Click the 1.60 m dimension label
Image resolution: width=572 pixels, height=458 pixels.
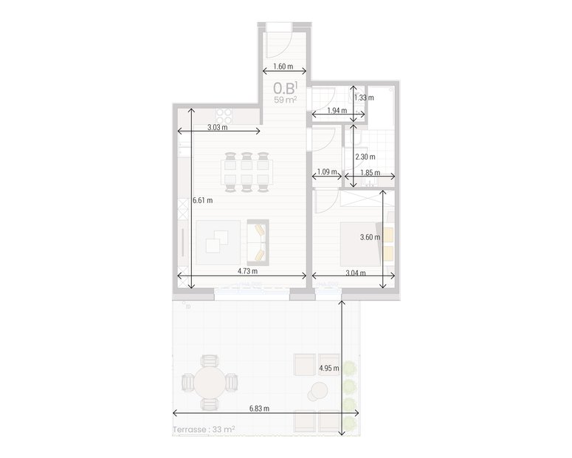click(x=283, y=66)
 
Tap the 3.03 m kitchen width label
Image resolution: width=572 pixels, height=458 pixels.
click(x=217, y=127)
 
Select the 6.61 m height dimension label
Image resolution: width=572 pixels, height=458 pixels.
click(x=202, y=200)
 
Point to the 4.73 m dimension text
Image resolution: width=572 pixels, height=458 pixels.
click(x=248, y=272)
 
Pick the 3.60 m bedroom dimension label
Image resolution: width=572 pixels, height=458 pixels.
click(x=369, y=238)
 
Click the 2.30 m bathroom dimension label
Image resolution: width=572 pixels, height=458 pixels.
click(x=365, y=157)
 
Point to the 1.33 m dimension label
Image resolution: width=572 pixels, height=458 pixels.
click(x=364, y=98)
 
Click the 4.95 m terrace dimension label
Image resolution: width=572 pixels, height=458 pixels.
click(x=328, y=368)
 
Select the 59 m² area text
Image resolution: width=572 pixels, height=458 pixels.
click(x=285, y=100)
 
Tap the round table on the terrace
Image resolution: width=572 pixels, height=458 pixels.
click(x=210, y=383)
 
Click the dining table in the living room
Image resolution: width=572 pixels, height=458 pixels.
click(x=247, y=172)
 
